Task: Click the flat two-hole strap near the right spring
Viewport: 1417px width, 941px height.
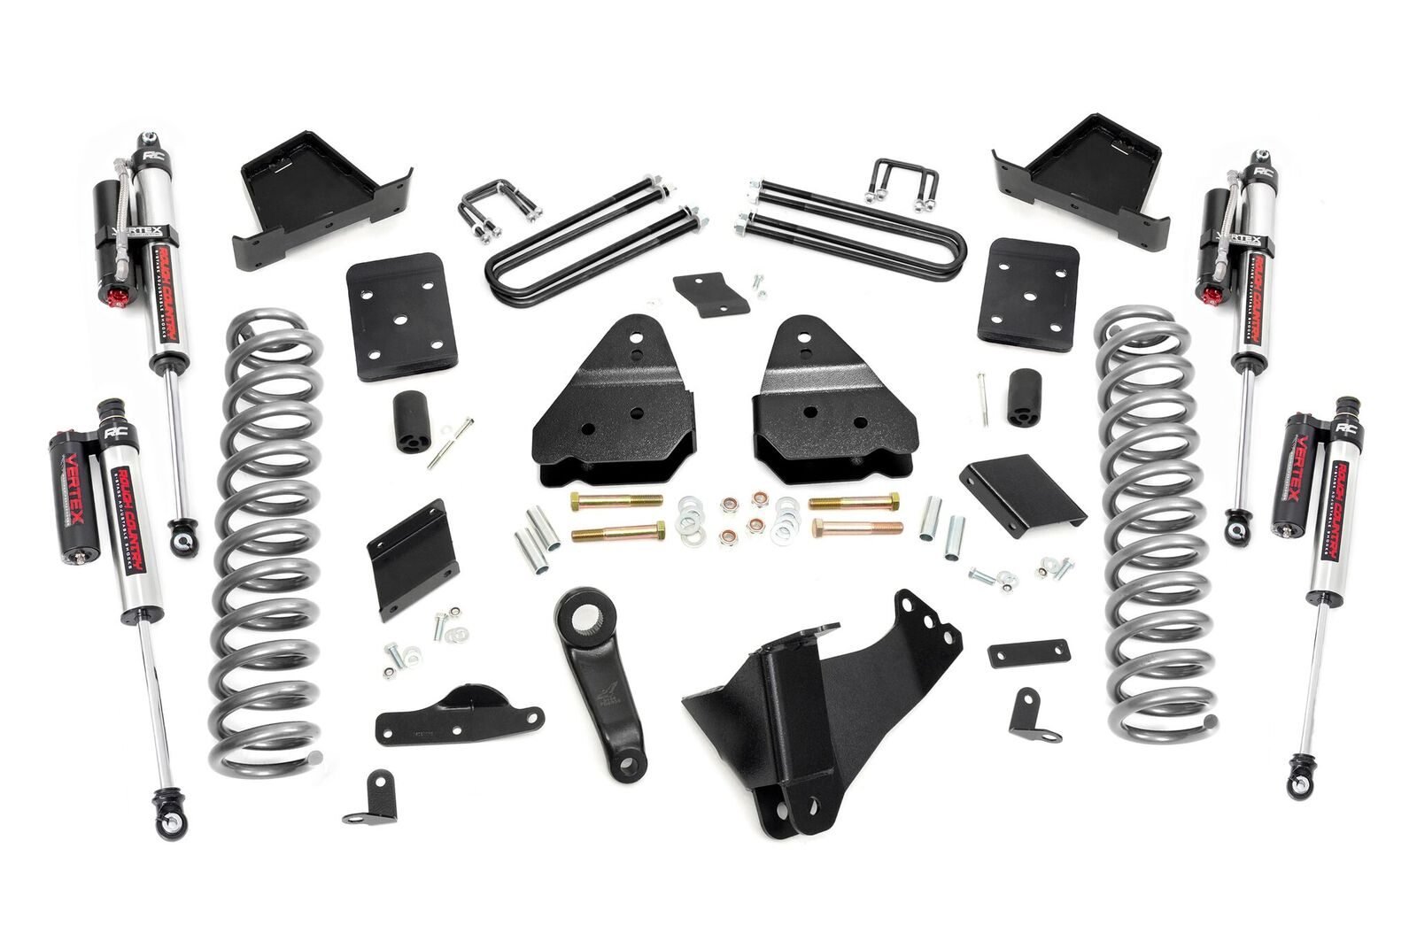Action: (x=1029, y=652)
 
